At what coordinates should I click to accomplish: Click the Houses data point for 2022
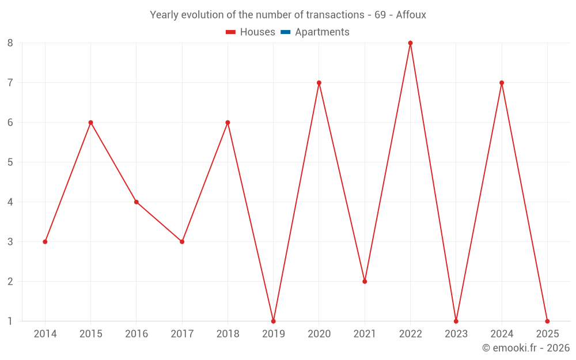410,43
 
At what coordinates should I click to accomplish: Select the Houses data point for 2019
273,321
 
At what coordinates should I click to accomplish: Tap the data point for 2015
90,123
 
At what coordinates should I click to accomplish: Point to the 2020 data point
319,83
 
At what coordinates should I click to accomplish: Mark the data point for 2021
365,281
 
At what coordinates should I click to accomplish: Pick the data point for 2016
137,202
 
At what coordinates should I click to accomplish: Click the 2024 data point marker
502,83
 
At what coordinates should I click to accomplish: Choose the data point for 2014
45,242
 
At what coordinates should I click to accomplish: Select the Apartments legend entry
322,32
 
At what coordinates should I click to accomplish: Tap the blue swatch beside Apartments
285,32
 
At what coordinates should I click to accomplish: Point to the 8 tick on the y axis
10,43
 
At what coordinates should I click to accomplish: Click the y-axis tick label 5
10,162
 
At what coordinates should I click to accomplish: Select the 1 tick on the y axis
10,321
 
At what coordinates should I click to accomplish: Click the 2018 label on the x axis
228,334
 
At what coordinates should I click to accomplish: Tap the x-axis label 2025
547,334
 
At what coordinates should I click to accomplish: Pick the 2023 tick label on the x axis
456,334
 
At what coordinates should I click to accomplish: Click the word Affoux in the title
411,15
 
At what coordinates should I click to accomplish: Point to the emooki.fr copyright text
525,348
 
